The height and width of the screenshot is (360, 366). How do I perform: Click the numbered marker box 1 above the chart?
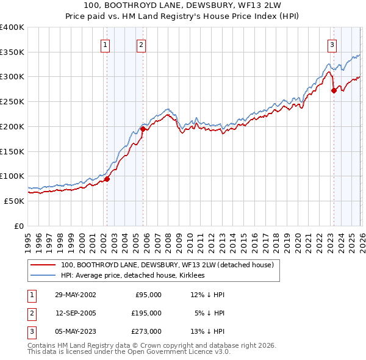(106, 44)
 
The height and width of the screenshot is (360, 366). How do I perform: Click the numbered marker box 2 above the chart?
(142, 44)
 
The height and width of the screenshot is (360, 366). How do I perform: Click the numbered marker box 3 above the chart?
(332, 44)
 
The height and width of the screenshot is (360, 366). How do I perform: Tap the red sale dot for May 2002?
(107, 179)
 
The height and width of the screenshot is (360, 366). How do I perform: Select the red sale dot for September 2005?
(143, 129)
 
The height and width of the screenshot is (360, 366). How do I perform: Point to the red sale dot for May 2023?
(334, 90)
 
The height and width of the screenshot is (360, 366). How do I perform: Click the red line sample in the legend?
(43, 265)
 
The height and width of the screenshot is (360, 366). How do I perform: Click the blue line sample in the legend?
(43, 276)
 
